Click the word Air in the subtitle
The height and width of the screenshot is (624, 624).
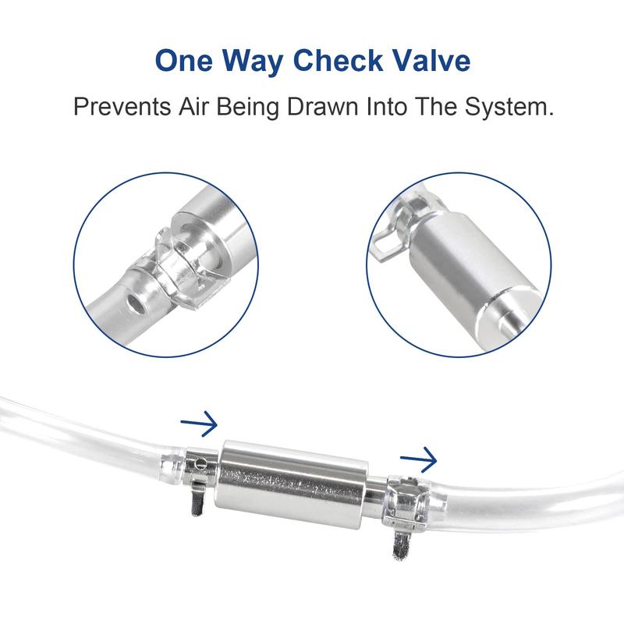point(196,106)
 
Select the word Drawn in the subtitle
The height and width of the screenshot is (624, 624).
point(323,106)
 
